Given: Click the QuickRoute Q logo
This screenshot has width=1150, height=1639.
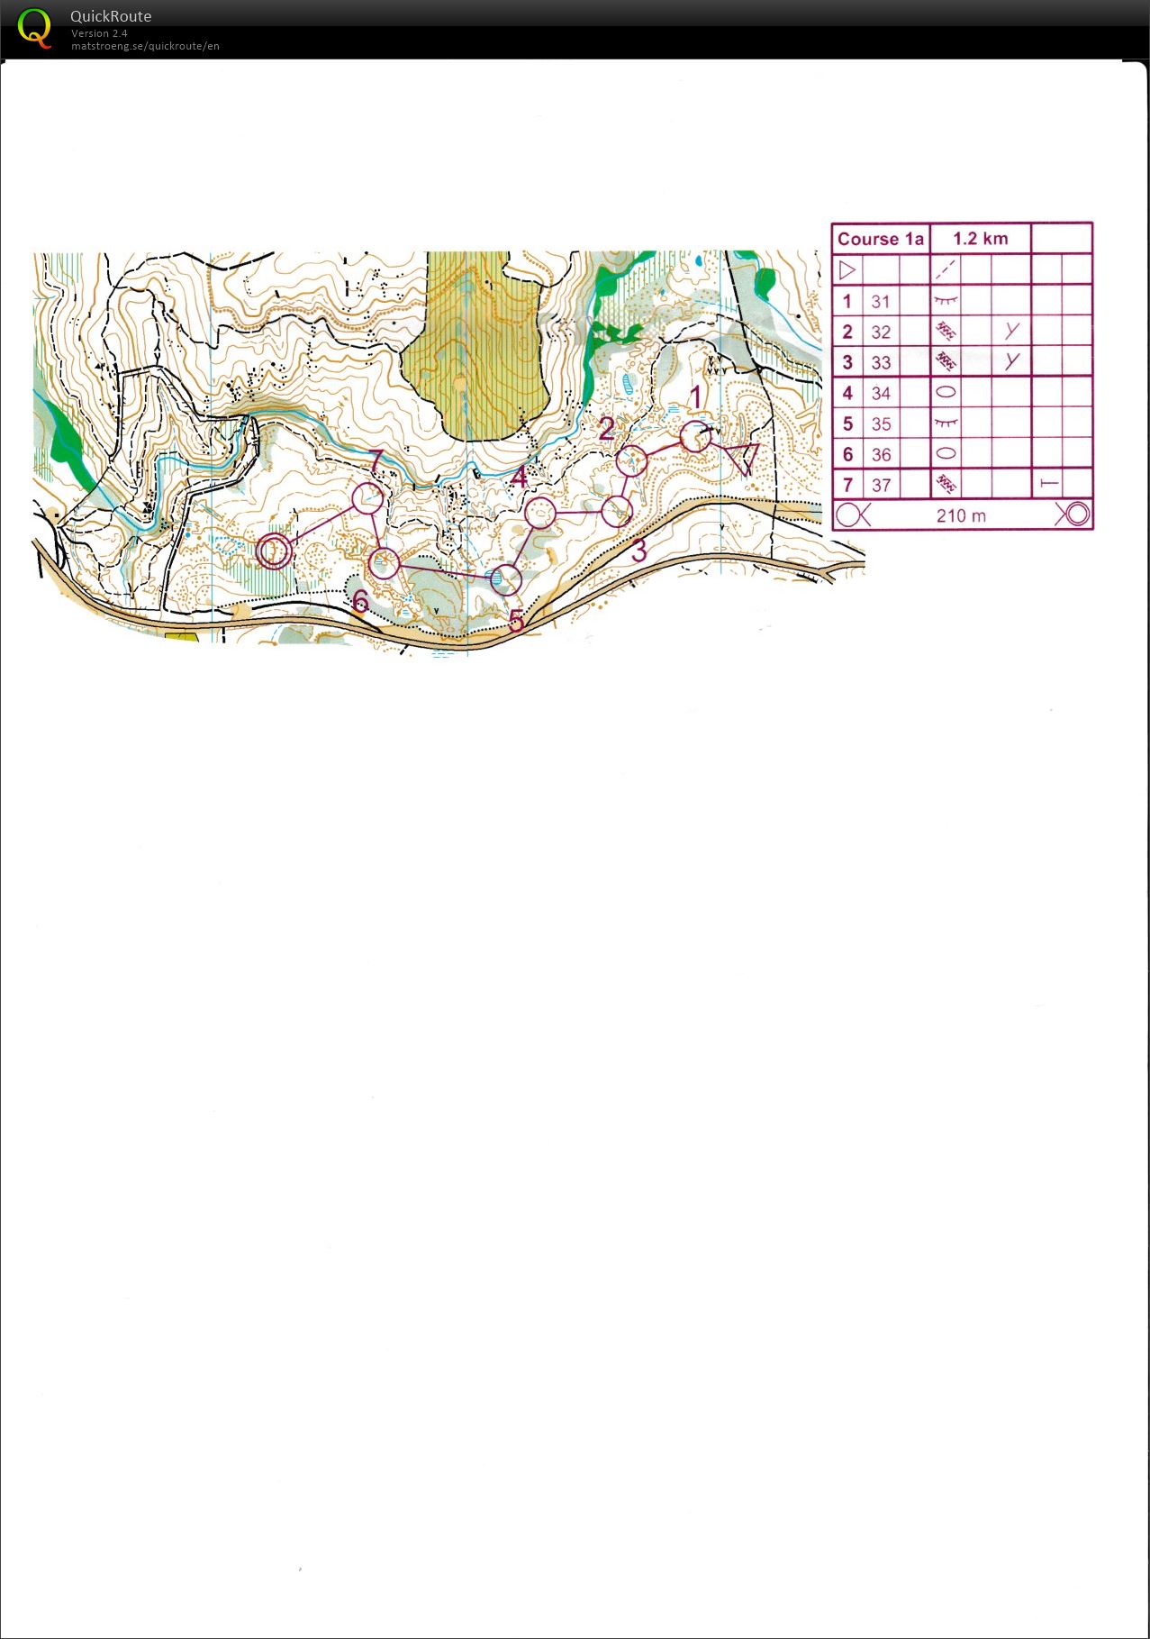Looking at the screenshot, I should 34,28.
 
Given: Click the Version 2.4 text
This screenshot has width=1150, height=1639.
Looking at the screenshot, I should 99,33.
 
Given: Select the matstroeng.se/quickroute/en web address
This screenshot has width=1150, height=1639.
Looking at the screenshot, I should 145,46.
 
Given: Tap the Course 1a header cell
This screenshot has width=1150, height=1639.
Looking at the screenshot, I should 880,239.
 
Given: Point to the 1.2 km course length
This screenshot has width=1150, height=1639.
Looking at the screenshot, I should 980,239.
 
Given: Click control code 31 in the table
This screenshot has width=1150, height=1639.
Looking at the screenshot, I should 880,302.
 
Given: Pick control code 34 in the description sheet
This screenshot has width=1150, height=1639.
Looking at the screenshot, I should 880,394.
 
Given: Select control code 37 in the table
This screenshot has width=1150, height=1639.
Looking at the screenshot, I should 880,486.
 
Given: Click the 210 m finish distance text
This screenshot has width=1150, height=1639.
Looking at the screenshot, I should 961,516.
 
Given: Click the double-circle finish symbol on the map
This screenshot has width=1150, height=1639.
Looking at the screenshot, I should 274,551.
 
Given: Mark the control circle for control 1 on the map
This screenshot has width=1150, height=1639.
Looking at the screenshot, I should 695,437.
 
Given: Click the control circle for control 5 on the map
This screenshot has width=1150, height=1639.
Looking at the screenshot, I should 506,579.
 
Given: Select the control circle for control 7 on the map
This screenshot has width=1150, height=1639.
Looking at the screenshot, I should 367,498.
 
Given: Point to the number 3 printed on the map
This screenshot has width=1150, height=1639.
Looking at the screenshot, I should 638,551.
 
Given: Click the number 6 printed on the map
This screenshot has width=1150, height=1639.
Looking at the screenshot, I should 360,600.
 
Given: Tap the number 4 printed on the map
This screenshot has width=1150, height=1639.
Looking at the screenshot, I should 518,478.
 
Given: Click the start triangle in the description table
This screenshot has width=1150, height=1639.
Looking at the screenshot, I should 847,269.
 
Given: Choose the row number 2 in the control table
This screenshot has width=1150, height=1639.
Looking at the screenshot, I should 847,332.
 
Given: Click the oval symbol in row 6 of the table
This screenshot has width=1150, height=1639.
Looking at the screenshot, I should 946,454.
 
